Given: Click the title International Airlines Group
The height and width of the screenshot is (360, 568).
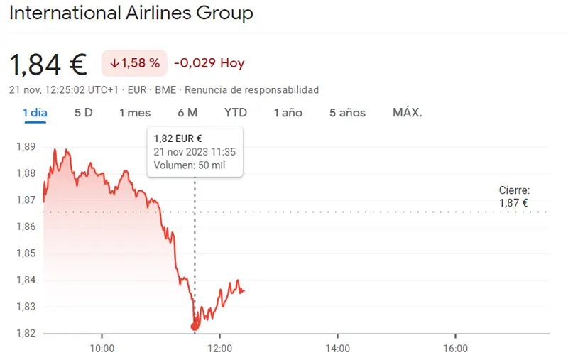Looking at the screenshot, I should click(x=131, y=13).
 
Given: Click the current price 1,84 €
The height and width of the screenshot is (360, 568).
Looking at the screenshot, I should click(x=48, y=64).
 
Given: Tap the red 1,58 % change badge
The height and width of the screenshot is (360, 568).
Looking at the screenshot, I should click(x=134, y=63).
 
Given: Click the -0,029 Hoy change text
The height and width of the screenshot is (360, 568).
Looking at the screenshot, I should click(x=209, y=63).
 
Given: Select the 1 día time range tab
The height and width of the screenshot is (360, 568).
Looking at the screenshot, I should click(x=35, y=113).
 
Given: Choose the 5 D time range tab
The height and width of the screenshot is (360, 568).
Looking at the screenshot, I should click(x=84, y=113).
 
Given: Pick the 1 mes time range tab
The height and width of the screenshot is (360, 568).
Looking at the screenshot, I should click(x=135, y=113).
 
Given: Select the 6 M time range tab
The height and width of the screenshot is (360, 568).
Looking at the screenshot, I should click(x=187, y=113).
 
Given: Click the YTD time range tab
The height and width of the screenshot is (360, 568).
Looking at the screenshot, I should click(x=236, y=113).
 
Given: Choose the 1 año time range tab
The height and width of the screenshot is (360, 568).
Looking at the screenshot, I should click(x=288, y=113).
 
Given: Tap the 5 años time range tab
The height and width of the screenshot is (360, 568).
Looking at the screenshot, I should click(x=347, y=113).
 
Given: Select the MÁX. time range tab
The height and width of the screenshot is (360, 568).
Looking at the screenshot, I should click(x=408, y=113).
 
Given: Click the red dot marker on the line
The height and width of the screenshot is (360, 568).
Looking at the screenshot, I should click(x=195, y=327).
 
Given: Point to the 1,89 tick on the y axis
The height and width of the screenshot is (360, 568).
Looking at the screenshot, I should click(x=26, y=147).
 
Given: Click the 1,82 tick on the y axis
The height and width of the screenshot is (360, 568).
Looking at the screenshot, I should click(x=26, y=333).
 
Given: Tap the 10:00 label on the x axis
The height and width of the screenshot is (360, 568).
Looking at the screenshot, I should click(x=102, y=348).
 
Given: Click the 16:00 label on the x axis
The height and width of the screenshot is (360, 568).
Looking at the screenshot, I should click(x=455, y=348).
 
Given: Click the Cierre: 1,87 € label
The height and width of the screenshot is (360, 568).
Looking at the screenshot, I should click(x=514, y=197).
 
